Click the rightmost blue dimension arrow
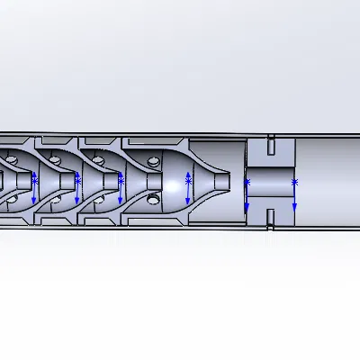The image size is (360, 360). (x=294, y=196)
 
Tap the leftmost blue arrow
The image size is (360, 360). (x=35, y=190)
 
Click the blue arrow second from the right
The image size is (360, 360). (x=247, y=197)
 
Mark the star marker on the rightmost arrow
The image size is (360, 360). (x=294, y=183)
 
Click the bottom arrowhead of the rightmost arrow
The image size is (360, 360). (x=294, y=211)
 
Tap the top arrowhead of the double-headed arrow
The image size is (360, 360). (x=188, y=173)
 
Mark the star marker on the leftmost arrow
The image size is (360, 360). (x=35, y=181)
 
